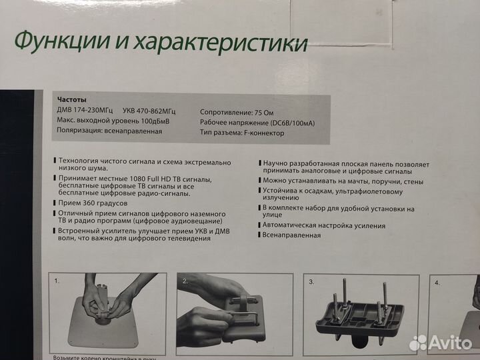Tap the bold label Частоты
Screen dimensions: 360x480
click(71, 97)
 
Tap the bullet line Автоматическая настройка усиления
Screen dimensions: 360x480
click(324, 225)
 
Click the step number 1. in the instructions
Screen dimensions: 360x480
click(58, 281)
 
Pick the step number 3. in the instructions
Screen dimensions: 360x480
click(311, 281)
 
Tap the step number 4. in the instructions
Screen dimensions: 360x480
click(437, 282)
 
